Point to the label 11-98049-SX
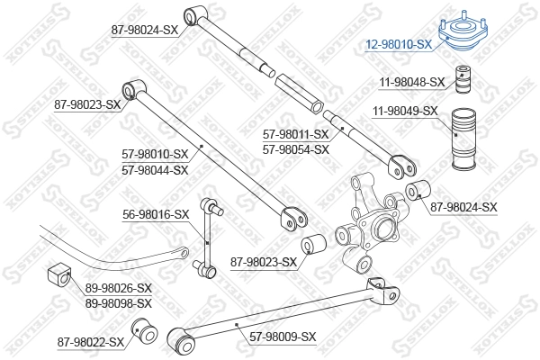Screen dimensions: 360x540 click(405, 112)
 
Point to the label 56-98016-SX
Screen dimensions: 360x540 click(156, 215)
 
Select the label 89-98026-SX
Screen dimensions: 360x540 click(119, 288)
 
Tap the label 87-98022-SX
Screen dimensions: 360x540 click(90, 342)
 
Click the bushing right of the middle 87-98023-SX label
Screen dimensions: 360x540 click(313, 245)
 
